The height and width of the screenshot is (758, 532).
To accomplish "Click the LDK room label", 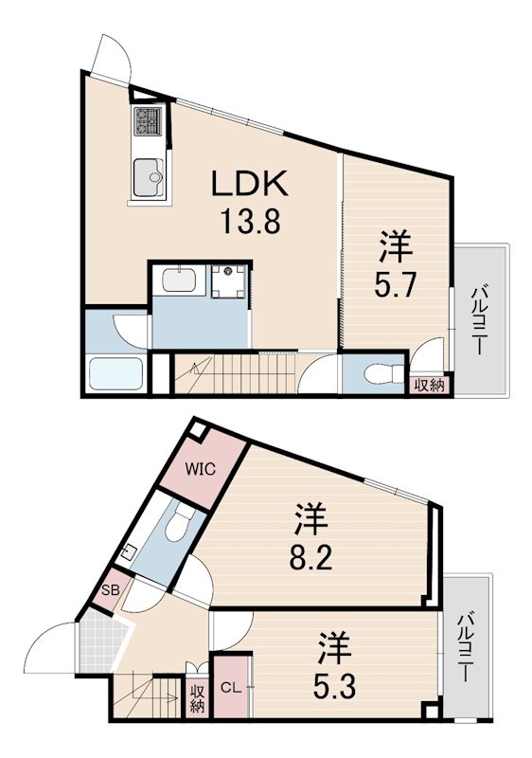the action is point(250,183).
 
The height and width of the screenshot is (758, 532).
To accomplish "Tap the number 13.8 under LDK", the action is point(251,223).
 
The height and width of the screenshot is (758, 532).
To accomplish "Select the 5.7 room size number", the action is point(395,285).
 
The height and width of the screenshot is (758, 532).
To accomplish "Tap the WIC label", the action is point(201,469).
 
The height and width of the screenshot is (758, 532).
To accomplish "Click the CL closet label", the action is point(231,688).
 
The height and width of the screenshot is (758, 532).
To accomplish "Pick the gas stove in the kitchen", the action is point(149,120).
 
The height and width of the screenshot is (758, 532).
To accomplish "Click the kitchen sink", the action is point(148,177).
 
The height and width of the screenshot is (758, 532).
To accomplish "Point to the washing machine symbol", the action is point(229,280).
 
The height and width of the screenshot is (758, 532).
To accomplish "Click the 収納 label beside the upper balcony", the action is point(430,386).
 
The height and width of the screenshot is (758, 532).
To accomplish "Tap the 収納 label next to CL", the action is point(197,697).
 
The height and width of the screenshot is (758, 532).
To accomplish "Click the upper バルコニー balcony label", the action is point(478,320).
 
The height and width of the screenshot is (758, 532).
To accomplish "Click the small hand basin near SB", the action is point(130,551).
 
